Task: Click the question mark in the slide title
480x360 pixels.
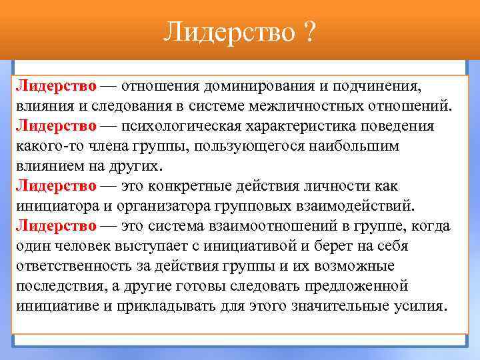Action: tap(310, 31)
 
